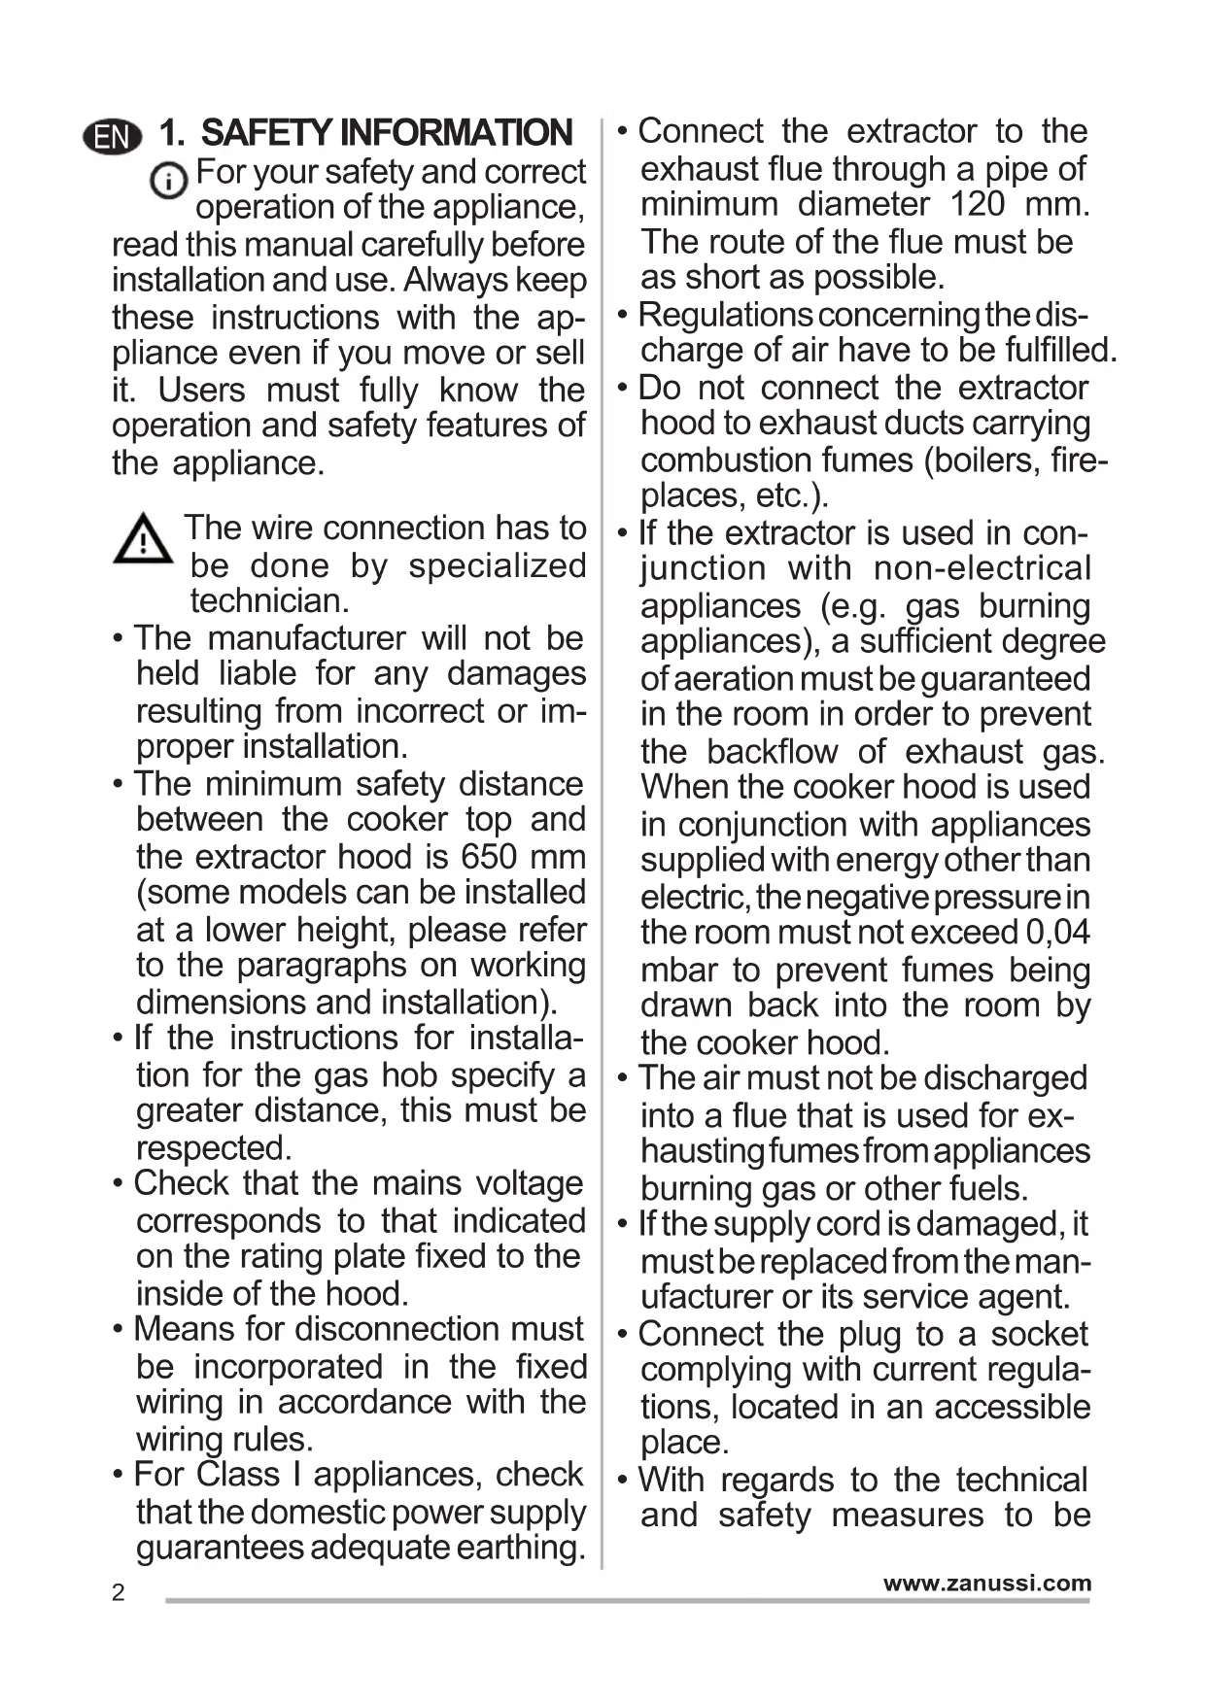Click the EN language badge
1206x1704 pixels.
113,137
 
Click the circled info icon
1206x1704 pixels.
169,181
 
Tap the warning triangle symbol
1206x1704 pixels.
143,539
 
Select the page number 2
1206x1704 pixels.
119,1592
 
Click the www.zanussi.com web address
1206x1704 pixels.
986,1583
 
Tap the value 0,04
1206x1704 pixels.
1058,933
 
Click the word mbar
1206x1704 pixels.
678,971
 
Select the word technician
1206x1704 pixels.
269,600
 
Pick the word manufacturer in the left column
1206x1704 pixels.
306,638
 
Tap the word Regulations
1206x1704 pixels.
725,314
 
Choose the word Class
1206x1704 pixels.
238,1475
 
